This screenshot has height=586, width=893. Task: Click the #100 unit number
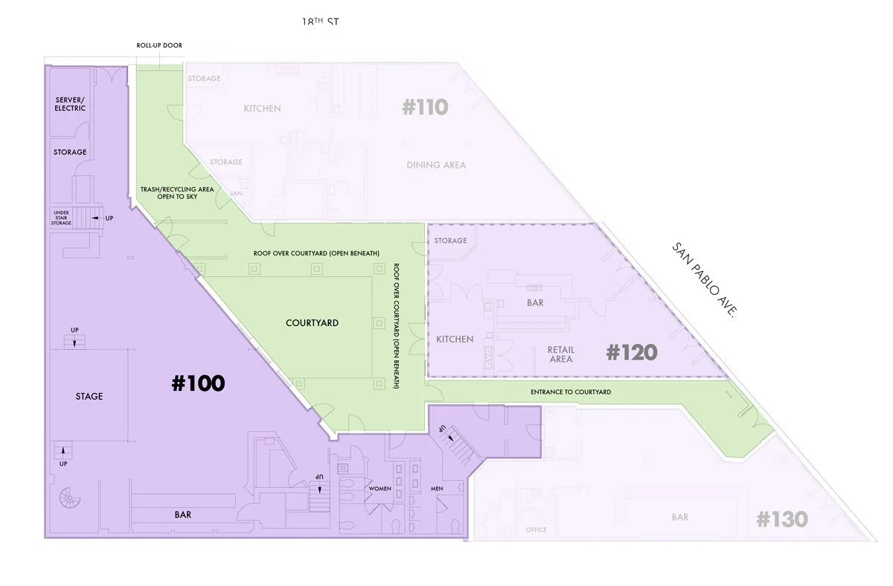coord(198,383)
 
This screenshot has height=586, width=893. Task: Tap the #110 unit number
coord(425,107)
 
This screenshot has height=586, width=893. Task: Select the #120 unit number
coord(632,351)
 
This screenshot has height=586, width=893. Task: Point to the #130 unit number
coord(782,519)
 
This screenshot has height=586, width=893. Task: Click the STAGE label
coord(89,396)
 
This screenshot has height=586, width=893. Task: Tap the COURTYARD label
coord(313,323)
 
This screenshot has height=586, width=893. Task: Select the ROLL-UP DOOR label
coord(159,45)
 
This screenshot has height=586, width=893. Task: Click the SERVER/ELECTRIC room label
coord(71,103)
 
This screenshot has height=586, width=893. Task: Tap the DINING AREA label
coord(436,165)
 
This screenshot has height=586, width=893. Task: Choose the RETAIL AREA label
coord(560,354)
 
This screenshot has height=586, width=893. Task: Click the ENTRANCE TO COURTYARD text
coord(571,392)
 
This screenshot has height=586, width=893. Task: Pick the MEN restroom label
coord(438,489)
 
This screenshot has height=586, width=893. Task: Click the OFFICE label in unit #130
coord(536,530)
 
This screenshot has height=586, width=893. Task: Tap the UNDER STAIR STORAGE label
coord(61,217)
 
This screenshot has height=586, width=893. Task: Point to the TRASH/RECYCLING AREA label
coord(177,193)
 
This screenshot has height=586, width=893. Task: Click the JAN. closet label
coord(237,193)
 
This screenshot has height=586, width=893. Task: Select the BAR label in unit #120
coord(534,303)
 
